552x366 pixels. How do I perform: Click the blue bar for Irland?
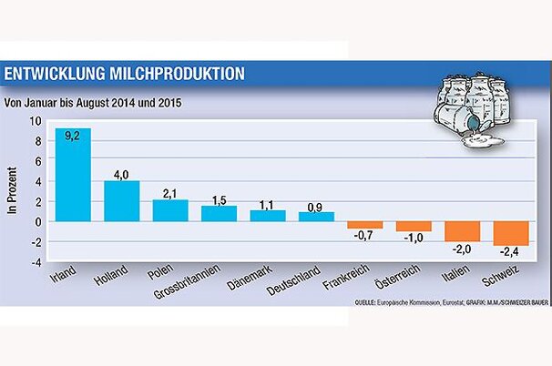click(x=73, y=175)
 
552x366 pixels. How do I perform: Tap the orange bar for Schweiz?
click(x=509, y=233)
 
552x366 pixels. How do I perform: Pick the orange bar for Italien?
click(x=461, y=231)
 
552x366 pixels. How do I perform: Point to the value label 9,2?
click(x=73, y=135)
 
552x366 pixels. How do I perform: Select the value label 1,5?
click(x=219, y=198)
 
